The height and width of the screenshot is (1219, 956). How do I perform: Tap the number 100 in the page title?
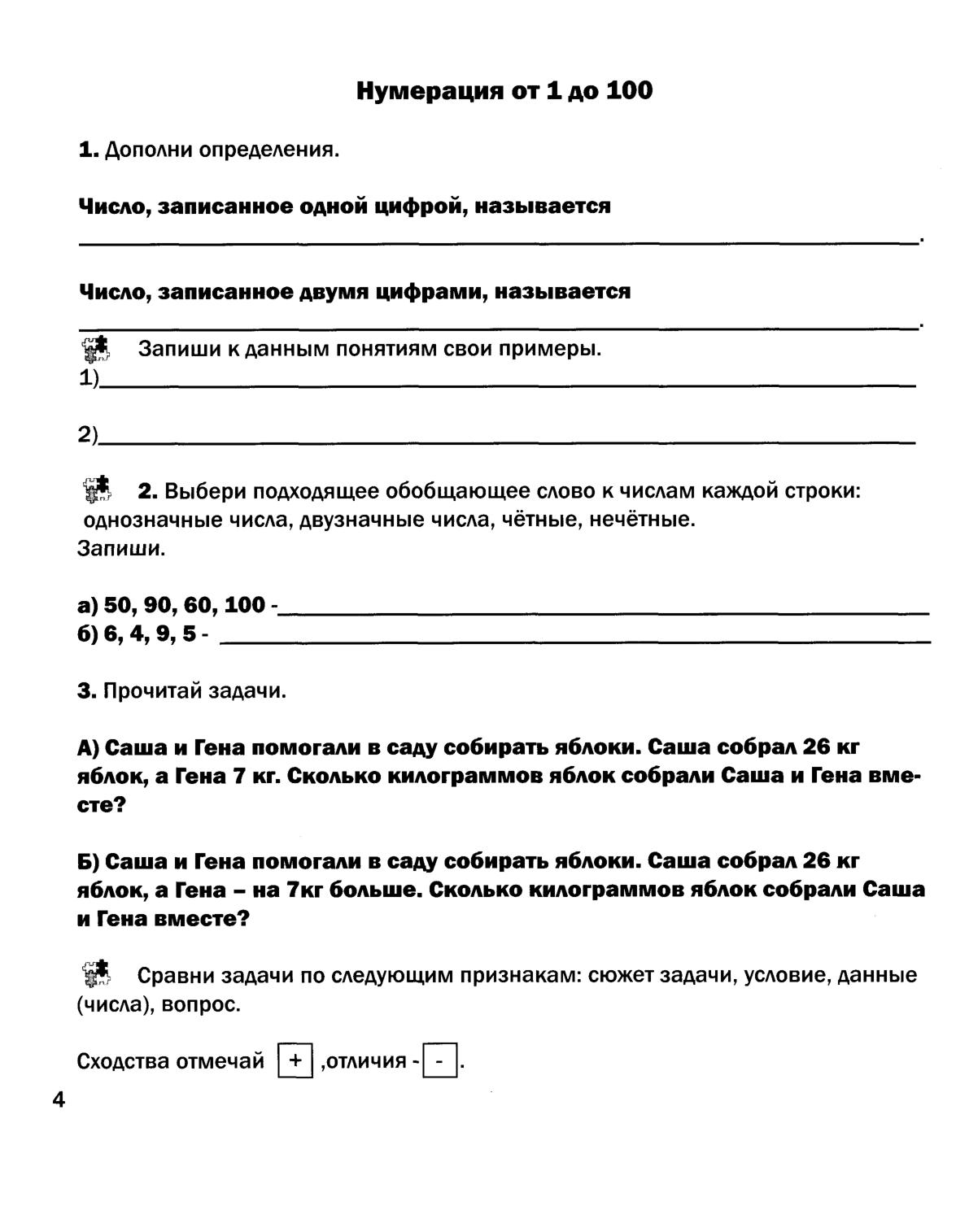pos(629,91)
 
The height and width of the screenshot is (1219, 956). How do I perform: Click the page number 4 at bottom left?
pos(59,1100)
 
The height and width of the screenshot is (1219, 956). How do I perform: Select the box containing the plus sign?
pos(295,1060)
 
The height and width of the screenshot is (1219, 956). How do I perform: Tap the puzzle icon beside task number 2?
pos(98,490)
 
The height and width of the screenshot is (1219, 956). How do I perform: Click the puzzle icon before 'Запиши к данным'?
pos(96,350)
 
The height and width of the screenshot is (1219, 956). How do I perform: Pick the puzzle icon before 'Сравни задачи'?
pos(96,973)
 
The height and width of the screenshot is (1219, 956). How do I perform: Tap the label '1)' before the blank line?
pos(88,379)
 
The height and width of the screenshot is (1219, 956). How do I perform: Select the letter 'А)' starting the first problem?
pos(89,747)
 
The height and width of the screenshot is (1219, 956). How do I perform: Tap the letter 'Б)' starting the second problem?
pos(89,861)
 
